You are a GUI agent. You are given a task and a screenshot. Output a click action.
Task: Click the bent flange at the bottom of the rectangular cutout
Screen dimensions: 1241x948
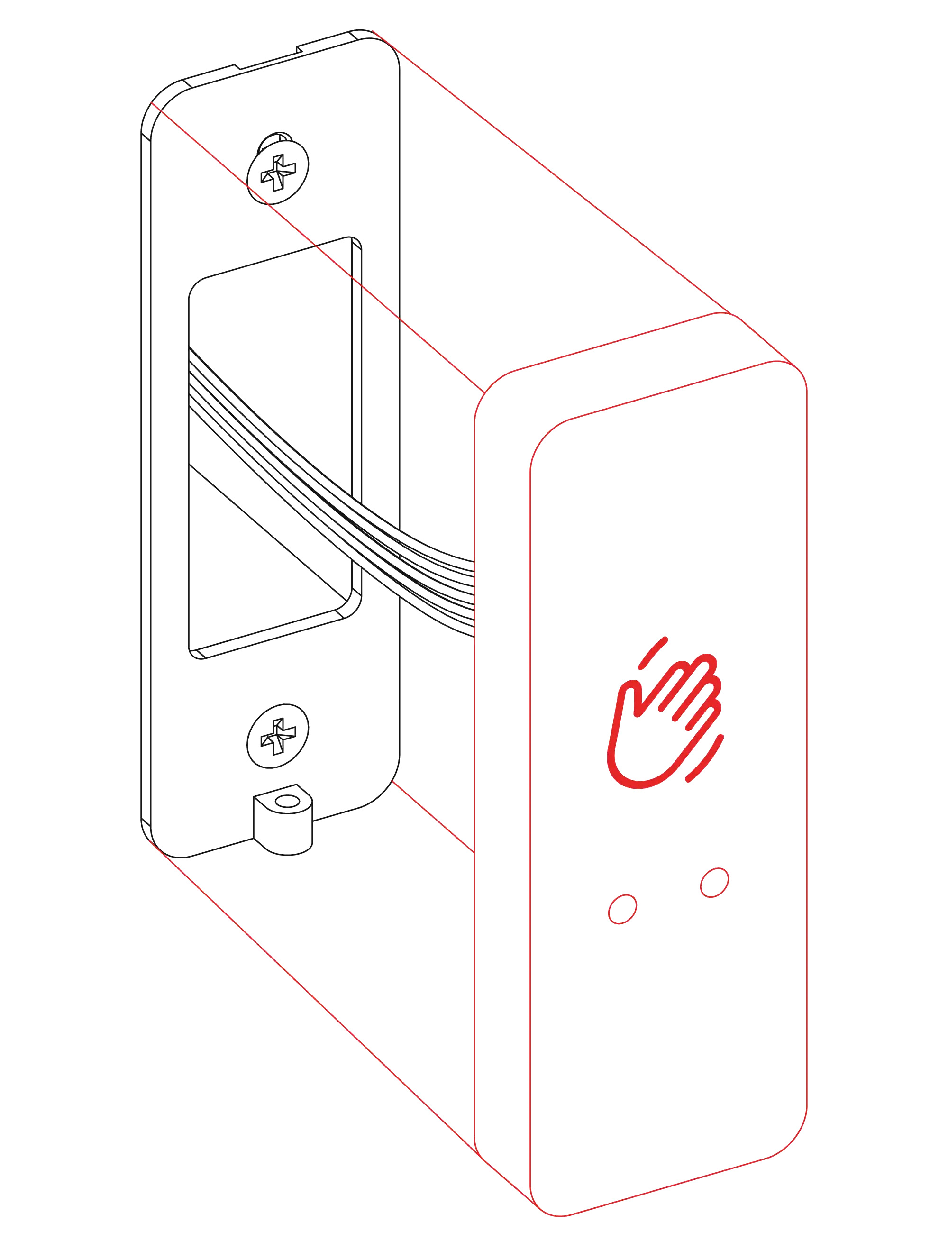click(x=271, y=635)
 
